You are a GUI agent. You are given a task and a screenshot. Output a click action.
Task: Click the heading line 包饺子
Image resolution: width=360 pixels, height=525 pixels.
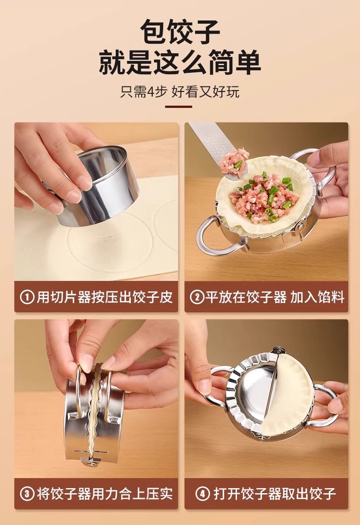click(x=180, y=31)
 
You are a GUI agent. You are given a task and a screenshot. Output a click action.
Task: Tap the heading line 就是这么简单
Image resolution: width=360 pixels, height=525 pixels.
click(x=180, y=63)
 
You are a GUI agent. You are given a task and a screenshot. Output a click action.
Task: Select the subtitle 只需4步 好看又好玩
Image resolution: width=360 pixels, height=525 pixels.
click(x=180, y=92)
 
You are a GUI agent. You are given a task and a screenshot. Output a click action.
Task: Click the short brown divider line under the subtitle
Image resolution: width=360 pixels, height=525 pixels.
click(x=179, y=107)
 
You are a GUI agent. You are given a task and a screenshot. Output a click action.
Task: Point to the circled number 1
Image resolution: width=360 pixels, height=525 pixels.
click(x=27, y=297)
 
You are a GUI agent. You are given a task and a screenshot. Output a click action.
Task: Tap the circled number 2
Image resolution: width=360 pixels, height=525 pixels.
click(x=196, y=297)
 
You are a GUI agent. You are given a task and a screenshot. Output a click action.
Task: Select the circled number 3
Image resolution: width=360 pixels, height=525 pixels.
click(x=27, y=494)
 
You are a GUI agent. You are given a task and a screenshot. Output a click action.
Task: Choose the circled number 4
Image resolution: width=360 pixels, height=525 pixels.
click(x=202, y=494)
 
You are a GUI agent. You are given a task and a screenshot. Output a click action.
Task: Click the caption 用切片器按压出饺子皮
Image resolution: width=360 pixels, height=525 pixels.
click(x=104, y=297)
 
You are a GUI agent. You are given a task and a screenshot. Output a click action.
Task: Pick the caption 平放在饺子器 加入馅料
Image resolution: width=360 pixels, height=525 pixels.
click(x=275, y=297)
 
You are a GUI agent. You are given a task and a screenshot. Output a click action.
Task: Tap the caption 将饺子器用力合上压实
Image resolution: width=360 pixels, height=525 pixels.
click(x=104, y=494)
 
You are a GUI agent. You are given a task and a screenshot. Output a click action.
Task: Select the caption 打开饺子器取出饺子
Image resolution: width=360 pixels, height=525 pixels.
click(x=275, y=494)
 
